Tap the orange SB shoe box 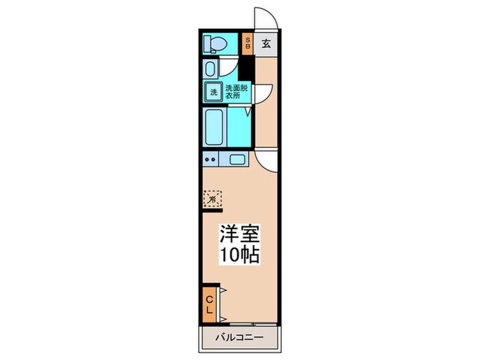[248, 43]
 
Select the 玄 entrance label [266, 43]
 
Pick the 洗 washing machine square [213, 92]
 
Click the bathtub [215, 126]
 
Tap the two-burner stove [211, 160]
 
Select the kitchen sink [237, 160]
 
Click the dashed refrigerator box [213, 198]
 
